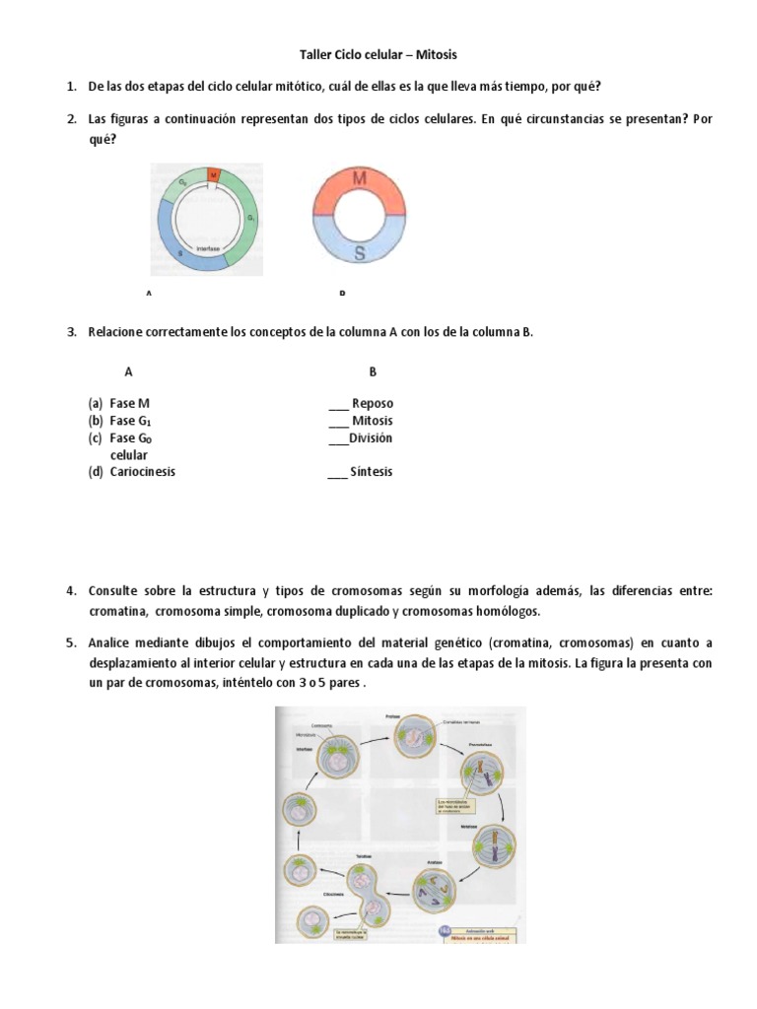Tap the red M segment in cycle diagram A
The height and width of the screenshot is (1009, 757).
(x=213, y=174)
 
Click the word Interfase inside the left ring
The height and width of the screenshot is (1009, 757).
(x=207, y=249)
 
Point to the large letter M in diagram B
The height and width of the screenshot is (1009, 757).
(x=360, y=180)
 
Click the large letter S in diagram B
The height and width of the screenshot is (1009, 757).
(x=360, y=253)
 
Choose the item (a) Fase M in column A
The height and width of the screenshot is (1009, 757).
(x=119, y=404)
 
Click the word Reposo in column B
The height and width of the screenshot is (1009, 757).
(x=372, y=404)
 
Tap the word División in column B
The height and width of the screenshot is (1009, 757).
(x=371, y=437)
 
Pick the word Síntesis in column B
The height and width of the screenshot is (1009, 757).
(x=371, y=471)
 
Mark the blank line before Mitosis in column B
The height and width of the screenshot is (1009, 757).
(x=337, y=422)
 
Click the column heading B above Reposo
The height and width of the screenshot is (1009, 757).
(x=373, y=371)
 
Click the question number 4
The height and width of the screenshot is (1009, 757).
(x=71, y=591)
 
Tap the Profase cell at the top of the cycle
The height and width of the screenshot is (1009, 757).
(x=415, y=735)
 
